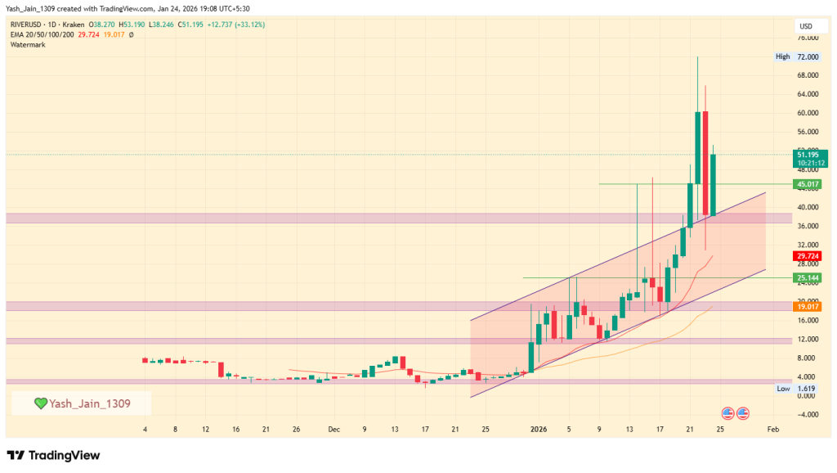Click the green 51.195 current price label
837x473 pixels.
pos(808,154)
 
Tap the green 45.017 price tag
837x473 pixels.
pos(808,184)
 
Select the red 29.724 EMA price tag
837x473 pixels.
pos(808,256)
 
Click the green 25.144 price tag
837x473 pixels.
pos(808,278)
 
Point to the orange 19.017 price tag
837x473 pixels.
pos(808,307)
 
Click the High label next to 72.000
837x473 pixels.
pos(782,56)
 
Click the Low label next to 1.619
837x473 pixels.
pos(782,389)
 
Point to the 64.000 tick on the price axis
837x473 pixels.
pos(807,94)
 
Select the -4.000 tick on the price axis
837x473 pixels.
pos(807,414)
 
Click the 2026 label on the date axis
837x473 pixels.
pos(538,429)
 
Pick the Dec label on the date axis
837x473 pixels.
pos(333,429)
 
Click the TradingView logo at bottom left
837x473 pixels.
pos(53,455)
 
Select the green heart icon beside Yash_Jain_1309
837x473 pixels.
pos(40,403)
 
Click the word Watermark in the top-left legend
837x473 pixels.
pos(28,44)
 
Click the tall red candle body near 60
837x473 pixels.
pos(705,164)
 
